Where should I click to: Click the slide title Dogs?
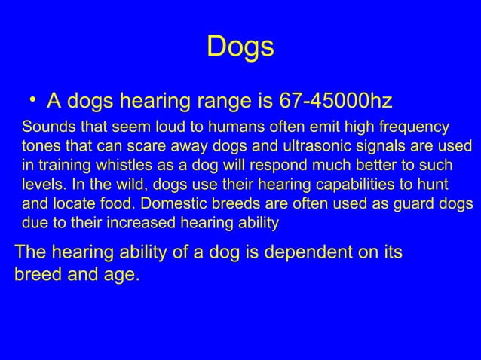(240, 47)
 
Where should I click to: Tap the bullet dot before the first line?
(33, 99)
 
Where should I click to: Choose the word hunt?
(436, 183)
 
